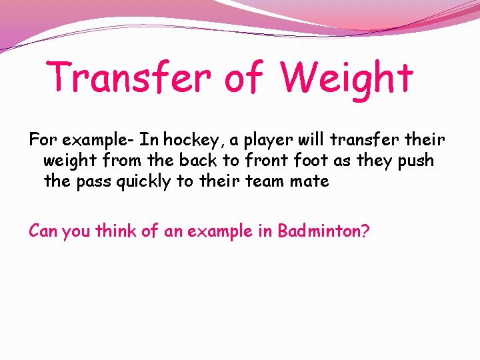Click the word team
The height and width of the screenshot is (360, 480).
[x=273, y=181]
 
